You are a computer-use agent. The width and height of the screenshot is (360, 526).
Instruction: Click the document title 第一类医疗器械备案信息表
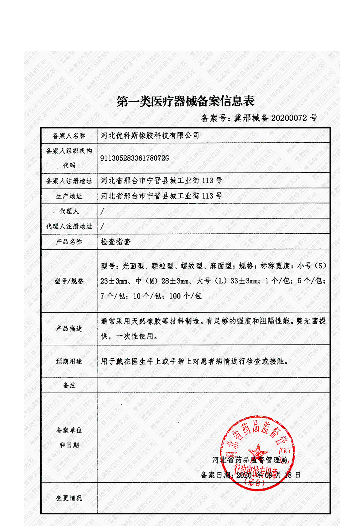tap(185, 101)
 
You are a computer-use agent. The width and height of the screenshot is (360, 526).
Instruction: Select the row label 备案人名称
tap(69, 136)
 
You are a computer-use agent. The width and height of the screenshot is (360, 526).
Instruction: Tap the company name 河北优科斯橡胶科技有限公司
tap(150, 136)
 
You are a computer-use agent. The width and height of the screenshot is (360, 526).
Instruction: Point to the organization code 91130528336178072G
tap(134, 158)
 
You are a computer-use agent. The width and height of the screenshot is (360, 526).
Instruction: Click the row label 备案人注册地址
tap(69, 181)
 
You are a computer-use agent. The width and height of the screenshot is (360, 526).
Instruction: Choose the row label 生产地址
tap(69, 197)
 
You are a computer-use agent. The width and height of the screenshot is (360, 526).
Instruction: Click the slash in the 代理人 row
tap(102, 211)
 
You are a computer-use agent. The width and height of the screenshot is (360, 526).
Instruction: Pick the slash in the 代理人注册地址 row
tap(102, 227)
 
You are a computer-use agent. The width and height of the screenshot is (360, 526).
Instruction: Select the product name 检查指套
tap(115, 242)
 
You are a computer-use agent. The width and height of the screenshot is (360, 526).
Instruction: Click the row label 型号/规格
tap(69, 281)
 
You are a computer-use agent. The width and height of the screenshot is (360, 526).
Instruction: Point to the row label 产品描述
tap(69, 329)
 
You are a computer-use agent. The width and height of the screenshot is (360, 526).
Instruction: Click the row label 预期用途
tap(69, 361)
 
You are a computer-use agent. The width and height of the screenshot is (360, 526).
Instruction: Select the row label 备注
tap(69, 385)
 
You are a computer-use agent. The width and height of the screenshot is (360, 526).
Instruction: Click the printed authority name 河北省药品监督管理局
tap(250, 460)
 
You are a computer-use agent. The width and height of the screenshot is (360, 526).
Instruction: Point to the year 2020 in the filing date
tap(244, 475)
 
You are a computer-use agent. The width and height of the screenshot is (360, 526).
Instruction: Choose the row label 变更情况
tap(69, 498)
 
